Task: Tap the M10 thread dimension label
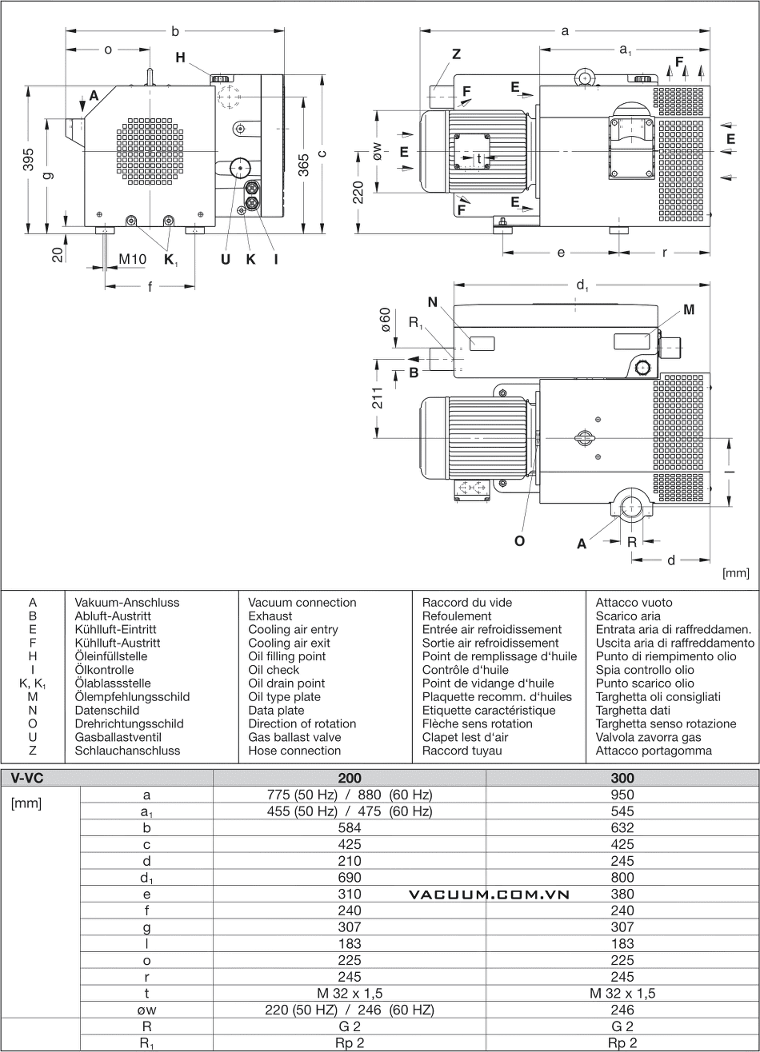pyautogui.click(x=133, y=259)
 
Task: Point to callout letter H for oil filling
pyautogui.click(x=180, y=58)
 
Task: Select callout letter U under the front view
pyautogui.click(x=226, y=259)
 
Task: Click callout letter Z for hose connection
pyautogui.click(x=456, y=54)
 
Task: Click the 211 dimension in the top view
pyautogui.click(x=378, y=397)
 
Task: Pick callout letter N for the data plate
pyautogui.click(x=433, y=302)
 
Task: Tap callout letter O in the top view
pyautogui.click(x=519, y=540)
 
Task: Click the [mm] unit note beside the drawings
pyautogui.click(x=734, y=572)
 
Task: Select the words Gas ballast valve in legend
pyautogui.click(x=294, y=737)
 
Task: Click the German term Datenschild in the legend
pyautogui.click(x=107, y=710)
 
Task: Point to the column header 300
pyautogui.click(x=622, y=778)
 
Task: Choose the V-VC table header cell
pyautogui.click(x=27, y=778)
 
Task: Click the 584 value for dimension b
pyautogui.click(x=350, y=827)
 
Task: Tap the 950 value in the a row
pyautogui.click(x=622, y=795)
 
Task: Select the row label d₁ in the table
pyautogui.click(x=146, y=878)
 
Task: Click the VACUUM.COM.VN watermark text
pyautogui.click(x=489, y=895)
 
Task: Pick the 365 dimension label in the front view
pyautogui.click(x=303, y=165)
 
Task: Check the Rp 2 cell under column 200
pyautogui.click(x=350, y=1043)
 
